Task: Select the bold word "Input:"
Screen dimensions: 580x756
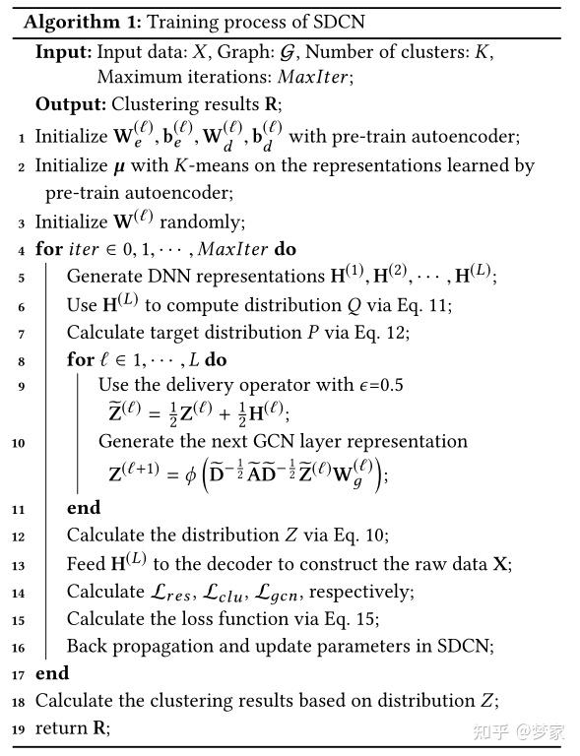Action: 63,52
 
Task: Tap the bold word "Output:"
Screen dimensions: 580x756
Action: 70,103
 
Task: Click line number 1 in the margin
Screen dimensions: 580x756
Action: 22,139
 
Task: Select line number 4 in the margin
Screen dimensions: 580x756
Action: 22,250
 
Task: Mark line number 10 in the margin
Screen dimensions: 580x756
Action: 20,443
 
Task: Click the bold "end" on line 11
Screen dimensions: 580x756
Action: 84,508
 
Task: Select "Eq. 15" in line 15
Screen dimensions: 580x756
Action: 355,619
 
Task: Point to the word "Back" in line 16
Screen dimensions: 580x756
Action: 87,647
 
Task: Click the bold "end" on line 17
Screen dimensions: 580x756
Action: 52,673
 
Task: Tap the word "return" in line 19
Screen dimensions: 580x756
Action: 61,728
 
